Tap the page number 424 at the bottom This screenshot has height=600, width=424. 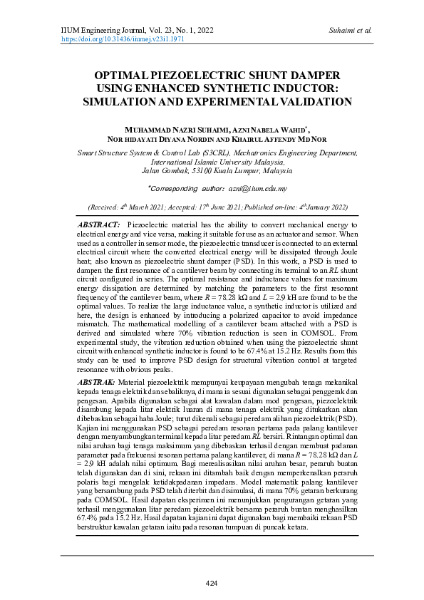pos(212,584)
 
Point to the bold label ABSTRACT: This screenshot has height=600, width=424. pos(98,224)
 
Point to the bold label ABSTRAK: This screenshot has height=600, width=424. pos(98,383)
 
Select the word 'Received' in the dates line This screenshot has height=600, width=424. pos(104,207)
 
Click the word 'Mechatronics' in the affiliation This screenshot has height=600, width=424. pos(252,152)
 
